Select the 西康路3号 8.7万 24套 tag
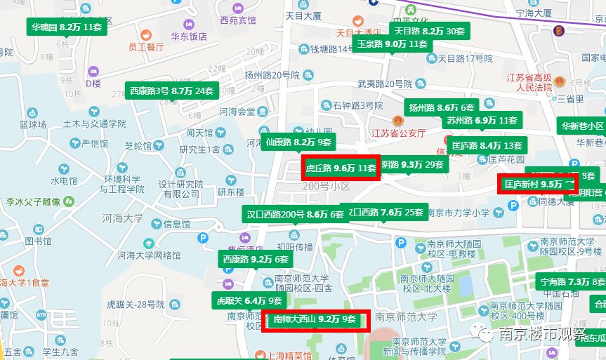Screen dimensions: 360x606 (172, 91)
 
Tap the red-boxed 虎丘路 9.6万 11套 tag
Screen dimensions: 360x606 (341, 168)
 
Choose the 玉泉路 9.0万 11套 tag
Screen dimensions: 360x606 (392, 44)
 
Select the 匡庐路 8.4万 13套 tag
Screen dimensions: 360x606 (487, 146)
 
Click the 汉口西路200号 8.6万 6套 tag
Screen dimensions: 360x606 (295, 214)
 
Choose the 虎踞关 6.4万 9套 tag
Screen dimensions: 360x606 (249, 301)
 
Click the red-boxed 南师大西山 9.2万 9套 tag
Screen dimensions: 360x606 (315, 320)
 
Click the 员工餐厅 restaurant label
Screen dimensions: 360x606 (146, 47)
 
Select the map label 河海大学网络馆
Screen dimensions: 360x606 (150, 255)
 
